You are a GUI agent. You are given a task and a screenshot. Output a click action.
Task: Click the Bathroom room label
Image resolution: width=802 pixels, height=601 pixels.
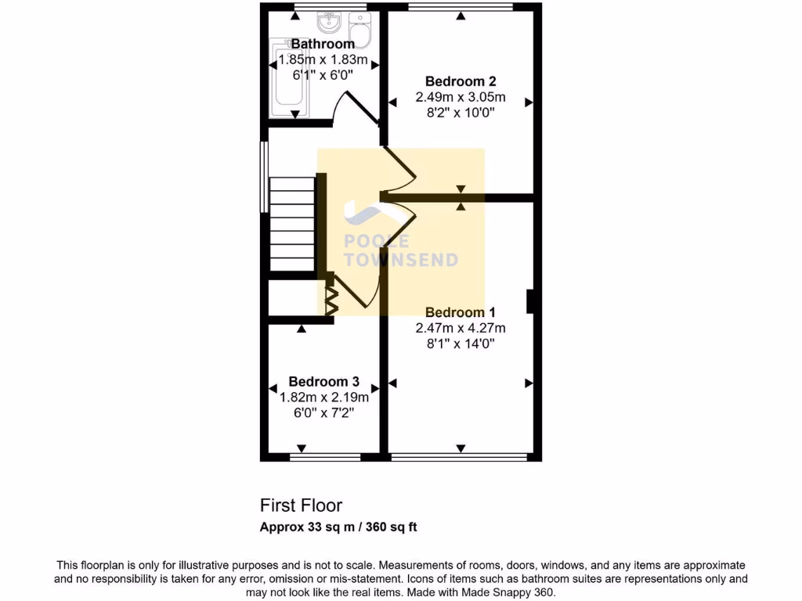[x=323, y=44]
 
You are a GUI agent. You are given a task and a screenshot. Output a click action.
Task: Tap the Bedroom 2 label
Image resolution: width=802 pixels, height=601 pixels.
[x=461, y=81]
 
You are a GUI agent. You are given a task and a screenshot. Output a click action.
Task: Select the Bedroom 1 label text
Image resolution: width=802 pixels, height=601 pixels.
[x=461, y=312]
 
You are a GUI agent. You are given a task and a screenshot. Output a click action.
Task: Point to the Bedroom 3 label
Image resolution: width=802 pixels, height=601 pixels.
[x=323, y=382]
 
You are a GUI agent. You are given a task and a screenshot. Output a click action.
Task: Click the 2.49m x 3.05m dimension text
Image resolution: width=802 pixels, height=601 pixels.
[x=461, y=98]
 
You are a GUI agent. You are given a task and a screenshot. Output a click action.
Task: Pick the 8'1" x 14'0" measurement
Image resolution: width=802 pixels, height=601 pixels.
[x=461, y=343]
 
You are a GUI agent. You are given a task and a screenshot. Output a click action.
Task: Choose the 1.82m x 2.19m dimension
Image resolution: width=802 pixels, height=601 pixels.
[x=323, y=398]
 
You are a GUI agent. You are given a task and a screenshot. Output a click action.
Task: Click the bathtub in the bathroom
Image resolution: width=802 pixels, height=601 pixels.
[x=290, y=80]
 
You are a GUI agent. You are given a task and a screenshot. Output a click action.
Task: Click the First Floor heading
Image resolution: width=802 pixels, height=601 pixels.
[x=301, y=506]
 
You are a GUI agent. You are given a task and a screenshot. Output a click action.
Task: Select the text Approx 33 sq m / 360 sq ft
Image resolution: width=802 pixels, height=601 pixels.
[x=338, y=527]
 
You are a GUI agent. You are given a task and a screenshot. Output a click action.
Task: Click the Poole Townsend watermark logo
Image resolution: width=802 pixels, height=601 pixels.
[x=400, y=243]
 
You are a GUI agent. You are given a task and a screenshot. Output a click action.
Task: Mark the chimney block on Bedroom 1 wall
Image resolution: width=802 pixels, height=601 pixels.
[x=531, y=301]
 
